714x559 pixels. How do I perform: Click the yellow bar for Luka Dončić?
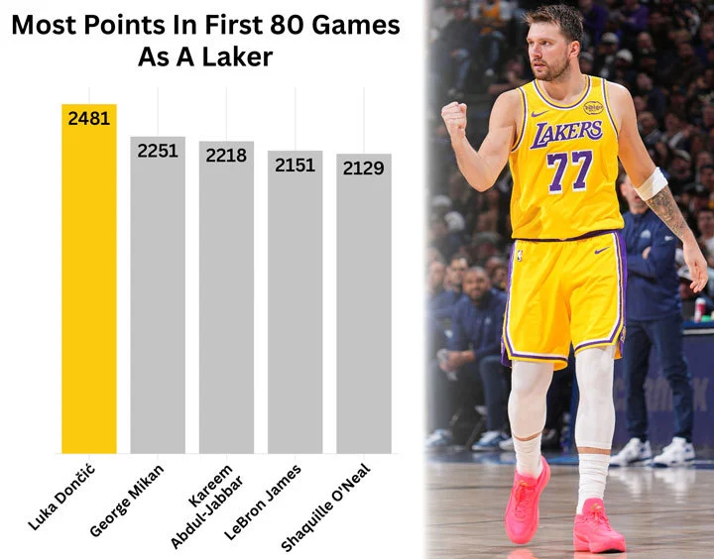pos(89,287)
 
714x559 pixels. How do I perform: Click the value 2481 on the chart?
pos(89,119)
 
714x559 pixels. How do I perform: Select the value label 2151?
pos(295,165)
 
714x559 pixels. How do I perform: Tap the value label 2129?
pos(364,168)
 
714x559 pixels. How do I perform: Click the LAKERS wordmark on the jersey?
pos(566,132)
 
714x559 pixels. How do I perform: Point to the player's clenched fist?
pos(454,117)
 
